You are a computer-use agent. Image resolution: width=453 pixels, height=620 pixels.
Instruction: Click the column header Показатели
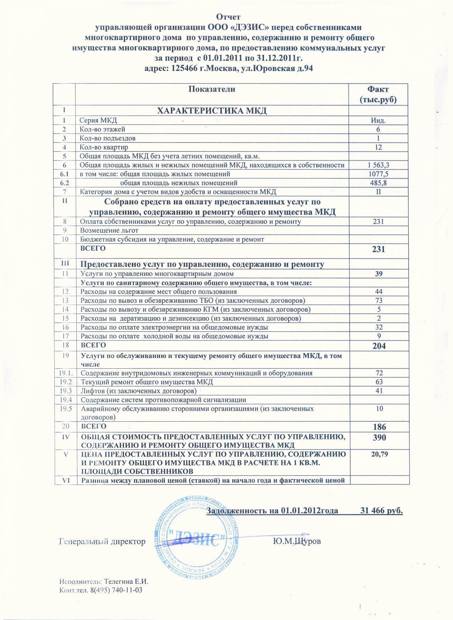[x=212, y=89]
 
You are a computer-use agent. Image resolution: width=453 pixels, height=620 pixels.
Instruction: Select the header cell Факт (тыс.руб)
[x=378, y=94]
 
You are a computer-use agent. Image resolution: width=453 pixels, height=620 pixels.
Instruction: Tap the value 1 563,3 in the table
[x=378, y=165]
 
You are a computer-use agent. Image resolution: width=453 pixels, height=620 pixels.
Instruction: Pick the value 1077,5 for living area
[x=378, y=174]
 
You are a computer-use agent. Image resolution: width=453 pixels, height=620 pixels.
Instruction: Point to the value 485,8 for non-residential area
[x=378, y=183]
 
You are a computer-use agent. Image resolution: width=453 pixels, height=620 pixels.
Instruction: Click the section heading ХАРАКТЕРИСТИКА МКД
[x=212, y=111]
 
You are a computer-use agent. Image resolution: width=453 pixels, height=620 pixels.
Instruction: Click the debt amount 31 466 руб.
[x=381, y=511]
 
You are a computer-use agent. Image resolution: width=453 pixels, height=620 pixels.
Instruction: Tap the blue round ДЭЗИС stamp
[x=195, y=541]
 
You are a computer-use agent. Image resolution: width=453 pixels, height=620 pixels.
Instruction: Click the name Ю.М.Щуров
[x=297, y=541]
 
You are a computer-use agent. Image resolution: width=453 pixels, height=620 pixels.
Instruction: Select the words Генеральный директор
[x=102, y=541]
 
